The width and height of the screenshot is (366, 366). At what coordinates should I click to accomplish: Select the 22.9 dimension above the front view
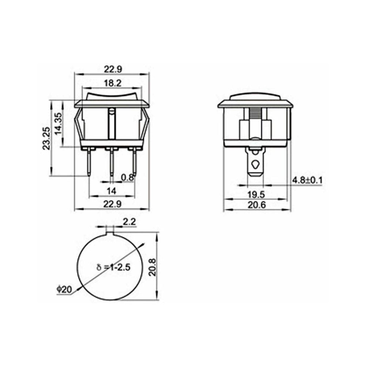pyautogui.click(x=112, y=69)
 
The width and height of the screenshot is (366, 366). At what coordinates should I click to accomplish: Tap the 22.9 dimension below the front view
pyautogui.click(x=112, y=205)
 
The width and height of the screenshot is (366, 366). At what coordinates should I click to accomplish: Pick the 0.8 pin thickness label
pyautogui.click(x=127, y=178)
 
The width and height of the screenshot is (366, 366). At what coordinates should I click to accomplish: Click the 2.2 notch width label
pyautogui.click(x=129, y=221)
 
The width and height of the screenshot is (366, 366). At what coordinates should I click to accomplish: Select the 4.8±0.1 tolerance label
pyautogui.click(x=307, y=180)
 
